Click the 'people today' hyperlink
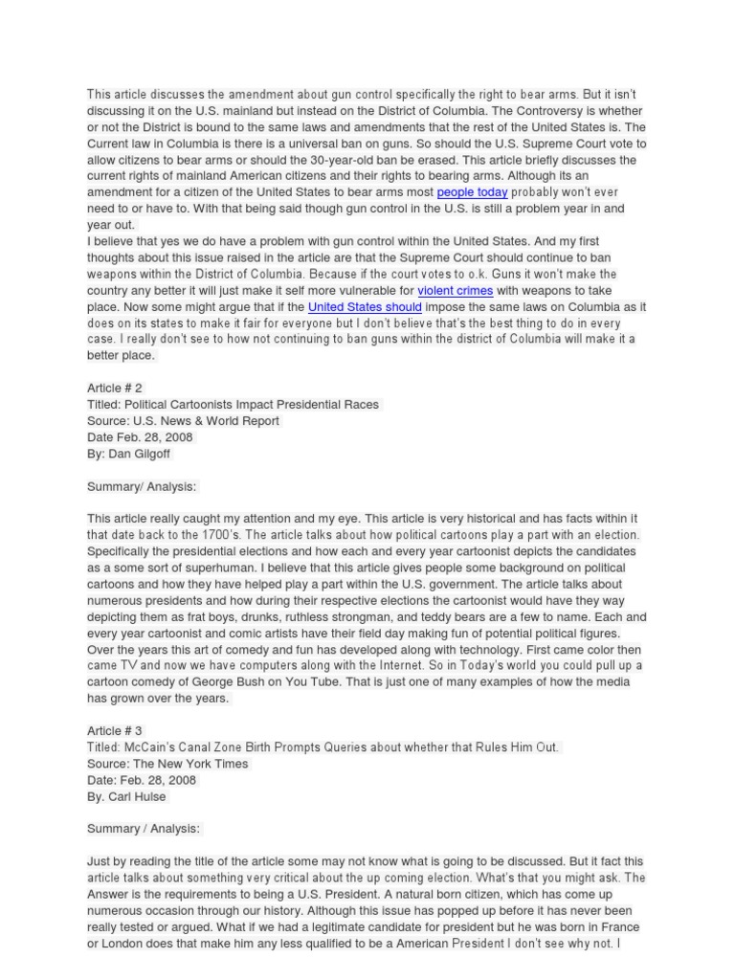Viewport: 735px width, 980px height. click(x=472, y=192)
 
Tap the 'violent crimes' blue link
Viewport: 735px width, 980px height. click(x=456, y=290)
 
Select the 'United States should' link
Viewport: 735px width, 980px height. click(x=365, y=306)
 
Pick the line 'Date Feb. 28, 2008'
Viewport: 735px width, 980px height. click(x=140, y=436)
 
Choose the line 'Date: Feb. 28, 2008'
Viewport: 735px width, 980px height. click(x=142, y=780)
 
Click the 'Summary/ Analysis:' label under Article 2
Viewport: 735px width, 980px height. click(x=142, y=486)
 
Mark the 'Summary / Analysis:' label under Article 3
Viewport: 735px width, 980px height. click(x=144, y=829)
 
